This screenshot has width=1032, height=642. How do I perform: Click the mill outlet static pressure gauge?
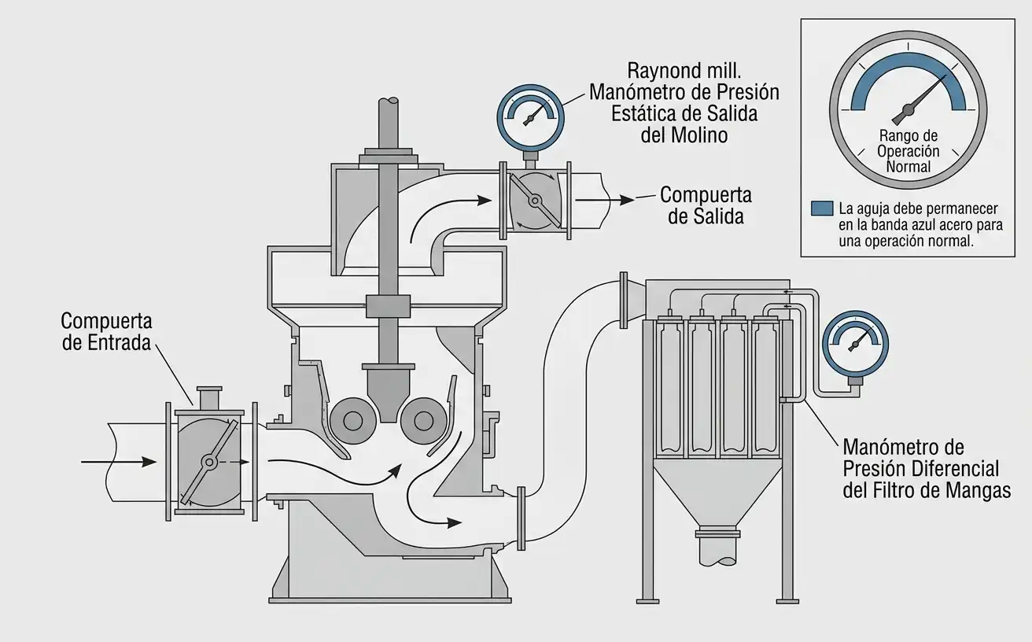tap(530, 117)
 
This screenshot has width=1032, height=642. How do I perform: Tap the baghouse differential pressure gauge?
tap(856, 344)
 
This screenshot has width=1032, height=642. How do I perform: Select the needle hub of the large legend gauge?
tap(908, 109)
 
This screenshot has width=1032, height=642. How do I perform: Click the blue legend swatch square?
tap(822, 208)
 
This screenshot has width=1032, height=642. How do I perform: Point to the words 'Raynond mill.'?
tap(684, 71)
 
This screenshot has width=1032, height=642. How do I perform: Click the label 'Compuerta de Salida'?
tap(706, 205)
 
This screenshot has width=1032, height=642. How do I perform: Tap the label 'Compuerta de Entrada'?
tap(106, 332)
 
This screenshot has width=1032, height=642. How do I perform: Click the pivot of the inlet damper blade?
tap(209, 462)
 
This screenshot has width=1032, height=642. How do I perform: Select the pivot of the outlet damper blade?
tap(535, 201)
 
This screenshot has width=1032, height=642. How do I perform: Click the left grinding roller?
tap(353, 421)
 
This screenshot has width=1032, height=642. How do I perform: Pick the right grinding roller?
tap(423, 421)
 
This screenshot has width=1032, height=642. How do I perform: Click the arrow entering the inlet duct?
tap(119, 461)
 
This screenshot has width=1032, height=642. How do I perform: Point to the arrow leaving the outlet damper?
tap(604, 200)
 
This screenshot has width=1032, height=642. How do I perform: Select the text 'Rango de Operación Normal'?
tap(908, 151)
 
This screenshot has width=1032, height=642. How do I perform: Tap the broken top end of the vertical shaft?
tap(389, 101)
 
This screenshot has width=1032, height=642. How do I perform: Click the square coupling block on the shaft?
tap(388, 306)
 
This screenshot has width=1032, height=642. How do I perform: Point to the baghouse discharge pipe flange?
tap(718, 534)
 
